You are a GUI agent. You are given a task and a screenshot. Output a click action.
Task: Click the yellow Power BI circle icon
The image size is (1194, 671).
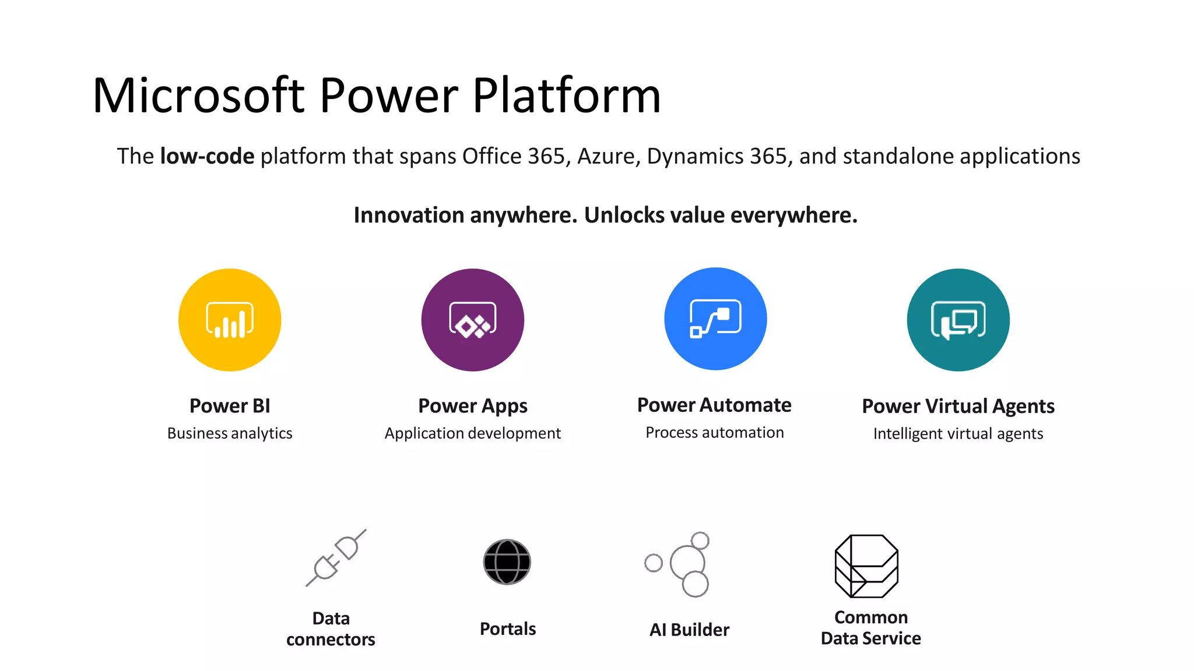coord(230,320)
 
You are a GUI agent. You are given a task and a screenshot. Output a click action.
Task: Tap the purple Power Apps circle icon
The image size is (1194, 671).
coord(472,320)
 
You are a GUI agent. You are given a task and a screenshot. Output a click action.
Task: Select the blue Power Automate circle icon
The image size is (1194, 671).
coord(715,319)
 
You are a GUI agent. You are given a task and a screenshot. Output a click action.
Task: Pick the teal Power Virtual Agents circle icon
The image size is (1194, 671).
coord(958,320)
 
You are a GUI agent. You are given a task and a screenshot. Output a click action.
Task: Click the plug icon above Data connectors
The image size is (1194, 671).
coord(336,558)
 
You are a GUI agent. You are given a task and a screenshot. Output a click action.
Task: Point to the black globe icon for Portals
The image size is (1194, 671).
coord(507,562)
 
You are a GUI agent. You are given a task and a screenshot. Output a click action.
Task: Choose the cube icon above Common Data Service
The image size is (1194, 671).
coord(866,566)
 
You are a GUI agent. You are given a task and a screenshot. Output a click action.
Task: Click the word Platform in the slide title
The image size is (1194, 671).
coord(566,96)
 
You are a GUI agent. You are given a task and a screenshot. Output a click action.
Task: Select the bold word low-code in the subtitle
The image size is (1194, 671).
coord(207,156)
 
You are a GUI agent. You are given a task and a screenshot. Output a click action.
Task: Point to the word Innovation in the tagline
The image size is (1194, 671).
coord(408,216)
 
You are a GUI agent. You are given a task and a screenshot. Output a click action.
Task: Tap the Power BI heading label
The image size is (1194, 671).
coord(230,406)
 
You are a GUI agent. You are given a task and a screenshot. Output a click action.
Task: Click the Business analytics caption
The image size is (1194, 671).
coord(230,433)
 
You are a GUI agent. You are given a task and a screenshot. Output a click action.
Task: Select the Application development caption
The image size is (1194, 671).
coord(472,433)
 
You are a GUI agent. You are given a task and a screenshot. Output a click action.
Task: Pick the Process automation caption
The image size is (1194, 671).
coord(714,433)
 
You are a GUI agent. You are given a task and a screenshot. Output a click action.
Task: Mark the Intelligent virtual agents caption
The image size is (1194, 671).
coord(958,434)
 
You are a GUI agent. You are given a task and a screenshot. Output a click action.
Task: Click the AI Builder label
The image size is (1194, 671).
coord(689,630)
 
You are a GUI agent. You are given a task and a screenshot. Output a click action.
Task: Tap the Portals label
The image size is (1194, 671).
coord(507,629)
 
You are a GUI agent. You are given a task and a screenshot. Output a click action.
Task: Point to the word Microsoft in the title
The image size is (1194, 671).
coord(198,96)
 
